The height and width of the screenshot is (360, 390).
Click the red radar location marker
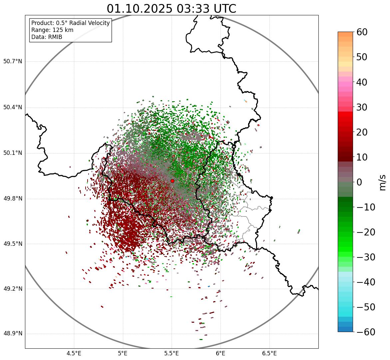pos(172,181)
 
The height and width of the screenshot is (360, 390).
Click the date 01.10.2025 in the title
pos(139,9)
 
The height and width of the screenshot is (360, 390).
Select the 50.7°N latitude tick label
pos(13,62)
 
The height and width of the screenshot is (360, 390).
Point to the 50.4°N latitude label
pos(13,108)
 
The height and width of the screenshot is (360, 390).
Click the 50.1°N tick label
pos(13,153)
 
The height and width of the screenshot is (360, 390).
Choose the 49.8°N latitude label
pos(13,199)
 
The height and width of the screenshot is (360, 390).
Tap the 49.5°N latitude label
pos(13,244)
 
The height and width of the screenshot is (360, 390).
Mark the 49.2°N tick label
pos(13,289)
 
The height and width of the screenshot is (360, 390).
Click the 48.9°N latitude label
pos(13,334)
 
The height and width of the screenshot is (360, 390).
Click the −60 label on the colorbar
pos(364,332)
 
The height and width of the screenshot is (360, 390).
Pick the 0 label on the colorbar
pos(359,182)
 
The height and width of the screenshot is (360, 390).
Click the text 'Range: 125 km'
pos(52,30)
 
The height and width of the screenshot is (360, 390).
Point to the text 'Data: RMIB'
pos(47,37)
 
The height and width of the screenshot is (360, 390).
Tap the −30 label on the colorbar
pos(364,257)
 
